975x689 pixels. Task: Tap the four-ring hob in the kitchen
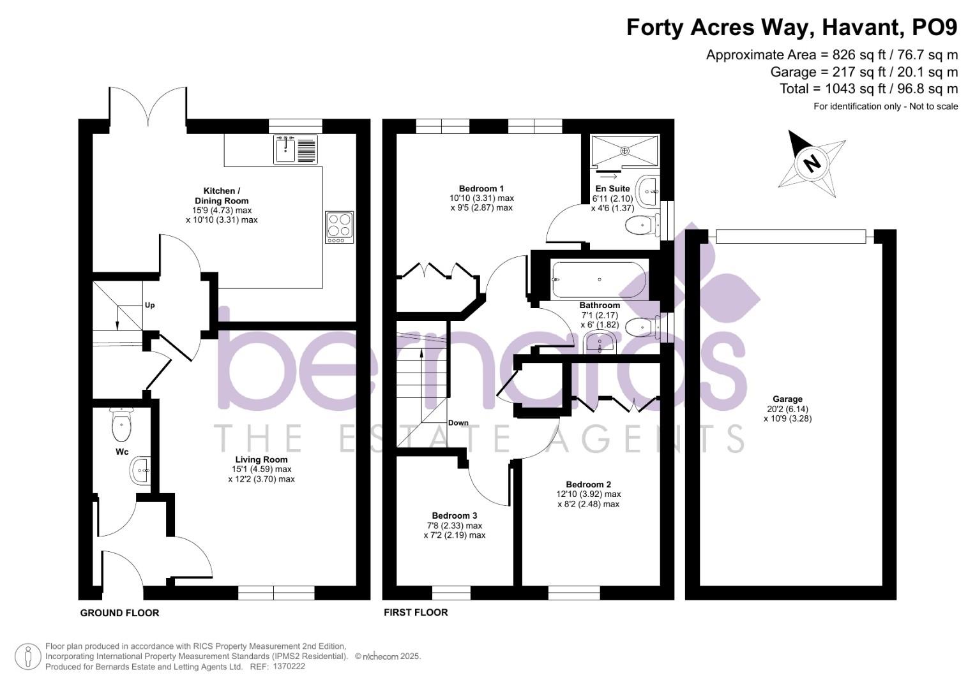339,226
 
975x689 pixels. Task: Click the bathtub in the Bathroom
599,279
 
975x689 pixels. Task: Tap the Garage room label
787,399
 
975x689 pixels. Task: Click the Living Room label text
261,459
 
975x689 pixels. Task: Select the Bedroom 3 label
454,515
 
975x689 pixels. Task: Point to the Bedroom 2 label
587,484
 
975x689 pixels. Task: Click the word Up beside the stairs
149,305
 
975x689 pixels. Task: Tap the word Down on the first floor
458,422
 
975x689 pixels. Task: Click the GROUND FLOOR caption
119,613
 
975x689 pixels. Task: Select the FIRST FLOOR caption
416,612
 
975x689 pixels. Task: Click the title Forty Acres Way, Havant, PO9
792,27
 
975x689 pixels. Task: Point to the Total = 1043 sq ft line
868,89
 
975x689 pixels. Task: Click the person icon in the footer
28,656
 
